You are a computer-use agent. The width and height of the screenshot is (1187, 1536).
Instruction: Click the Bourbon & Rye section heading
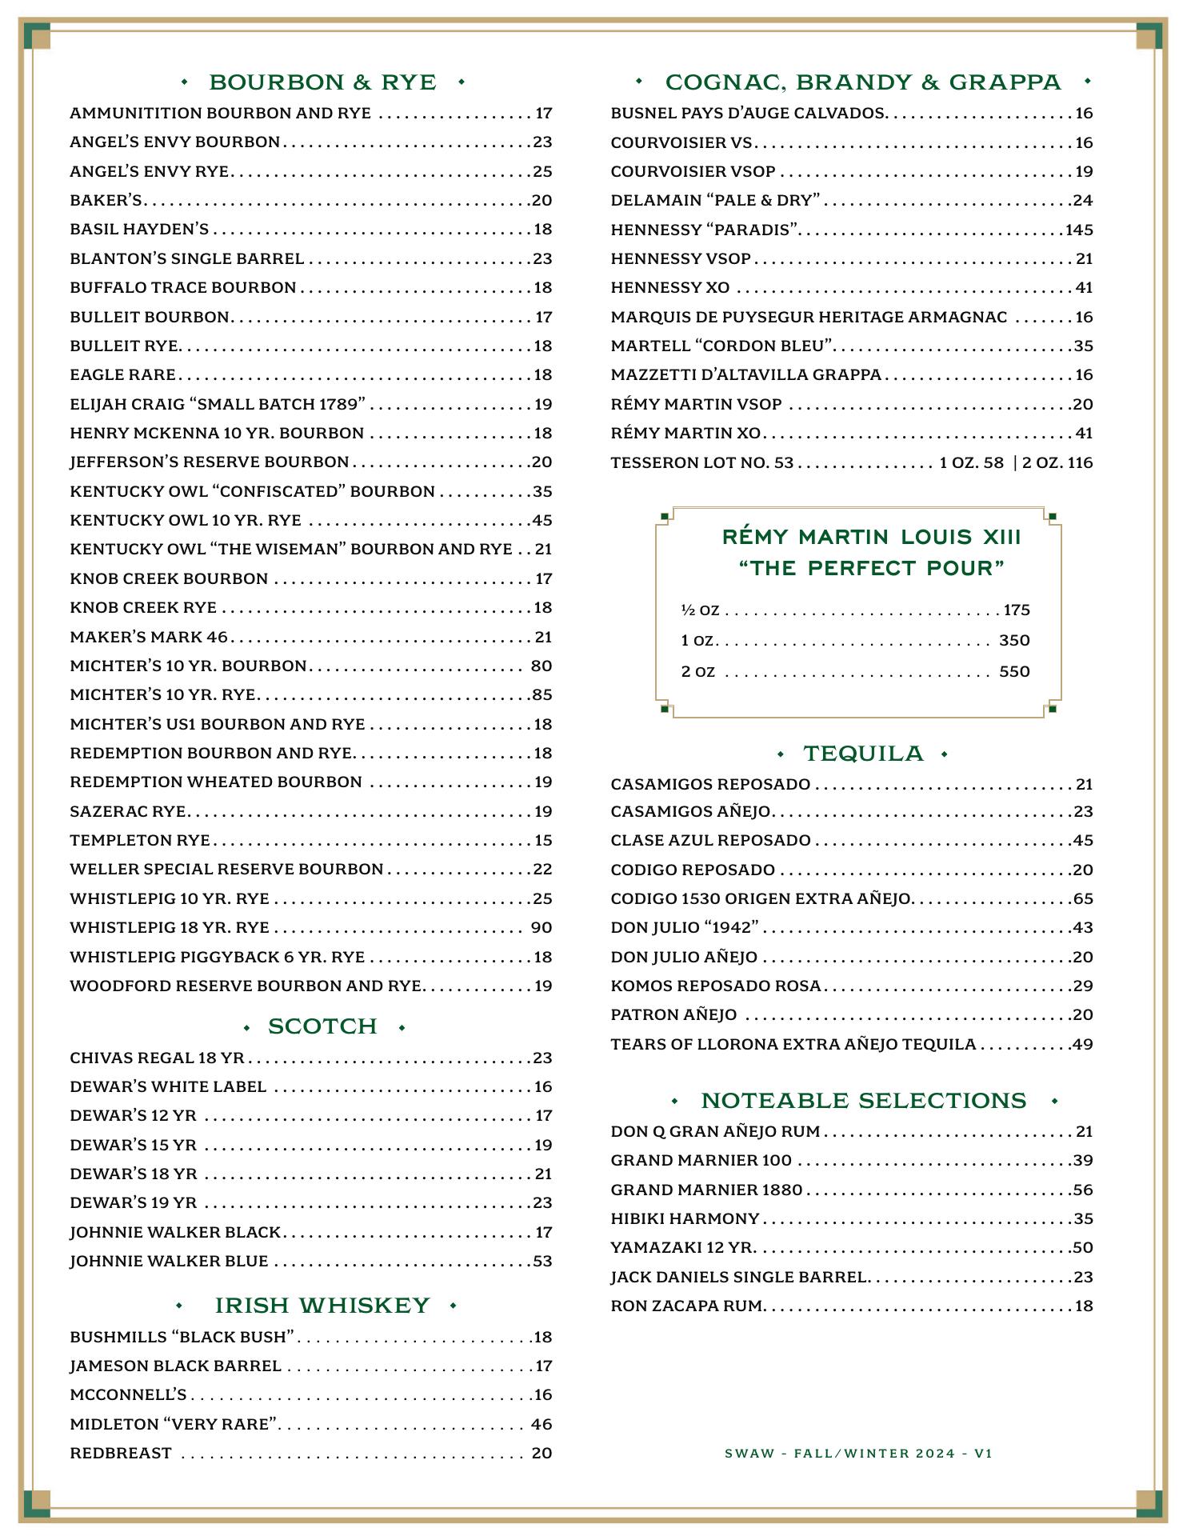[322, 82]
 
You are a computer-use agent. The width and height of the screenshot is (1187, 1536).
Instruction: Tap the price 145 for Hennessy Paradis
[1078, 230]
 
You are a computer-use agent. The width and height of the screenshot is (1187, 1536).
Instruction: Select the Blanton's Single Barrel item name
[186, 259]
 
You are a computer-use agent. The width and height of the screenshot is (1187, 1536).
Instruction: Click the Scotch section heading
[322, 1026]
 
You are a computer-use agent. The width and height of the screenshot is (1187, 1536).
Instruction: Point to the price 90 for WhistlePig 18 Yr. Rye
[542, 928]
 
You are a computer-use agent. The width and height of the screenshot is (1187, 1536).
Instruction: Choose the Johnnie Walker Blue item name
[169, 1262]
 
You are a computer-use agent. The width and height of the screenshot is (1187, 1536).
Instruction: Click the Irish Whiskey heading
[322, 1306]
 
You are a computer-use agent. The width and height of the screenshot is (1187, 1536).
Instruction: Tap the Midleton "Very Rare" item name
[174, 1424]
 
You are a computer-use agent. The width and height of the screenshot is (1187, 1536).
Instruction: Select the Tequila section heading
[863, 754]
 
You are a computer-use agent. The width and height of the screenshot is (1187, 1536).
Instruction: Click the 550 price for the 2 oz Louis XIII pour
[1013, 672]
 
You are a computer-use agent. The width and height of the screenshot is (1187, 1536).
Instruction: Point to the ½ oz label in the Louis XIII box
[700, 610]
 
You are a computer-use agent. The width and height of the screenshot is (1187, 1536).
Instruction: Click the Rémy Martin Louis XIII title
[871, 537]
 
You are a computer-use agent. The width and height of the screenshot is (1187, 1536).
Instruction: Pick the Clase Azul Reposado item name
[710, 841]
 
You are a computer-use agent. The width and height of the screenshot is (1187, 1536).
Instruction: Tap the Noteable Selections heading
[863, 1101]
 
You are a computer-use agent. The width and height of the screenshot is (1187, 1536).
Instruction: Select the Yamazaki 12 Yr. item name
[681, 1248]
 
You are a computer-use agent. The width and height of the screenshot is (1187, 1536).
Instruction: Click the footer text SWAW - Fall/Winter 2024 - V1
[858, 1453]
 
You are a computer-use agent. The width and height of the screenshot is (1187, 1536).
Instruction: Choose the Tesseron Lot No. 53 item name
[701, 463]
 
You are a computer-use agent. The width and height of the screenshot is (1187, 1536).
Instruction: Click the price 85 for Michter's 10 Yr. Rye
[542, 695]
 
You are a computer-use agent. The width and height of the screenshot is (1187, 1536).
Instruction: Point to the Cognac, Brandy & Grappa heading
[863, 82]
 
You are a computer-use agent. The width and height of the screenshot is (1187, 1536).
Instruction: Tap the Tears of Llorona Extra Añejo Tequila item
[793, 1045]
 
